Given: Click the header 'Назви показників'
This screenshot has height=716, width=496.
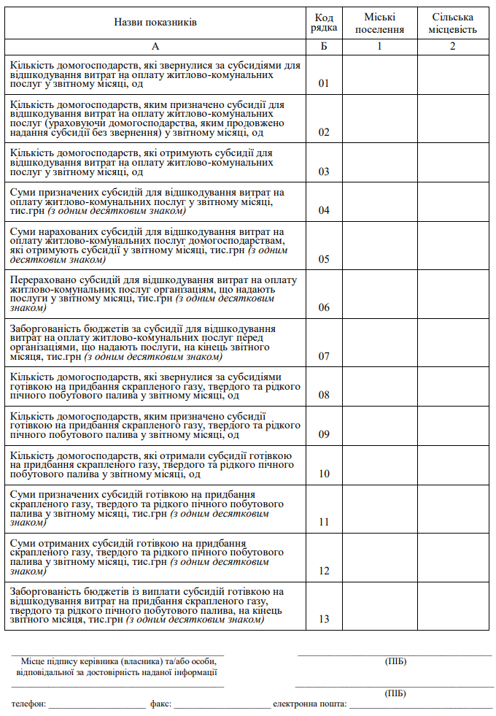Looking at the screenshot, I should pyautogui.click(x=155, y=23).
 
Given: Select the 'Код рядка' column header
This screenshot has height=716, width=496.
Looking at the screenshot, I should pyautogui.click(x=325, y=23).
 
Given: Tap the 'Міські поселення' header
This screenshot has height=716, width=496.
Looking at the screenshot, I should pyautogui.click(x=379, y=23).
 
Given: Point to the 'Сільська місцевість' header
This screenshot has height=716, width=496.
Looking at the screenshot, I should pyautogui.click(x=453, y=23).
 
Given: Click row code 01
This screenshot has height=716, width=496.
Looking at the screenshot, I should pyautogui.click(x=325, y=83).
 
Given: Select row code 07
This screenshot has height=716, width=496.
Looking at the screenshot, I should pyautogui.click(x=325, y=356).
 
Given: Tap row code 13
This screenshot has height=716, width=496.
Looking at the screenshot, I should pyautogui.click(x=325, y=619).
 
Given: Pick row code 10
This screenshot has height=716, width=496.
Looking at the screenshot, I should pyautogui.click(x=325, y=474).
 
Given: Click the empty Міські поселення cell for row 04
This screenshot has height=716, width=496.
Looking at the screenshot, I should pyautogui.click(x=379, y=201).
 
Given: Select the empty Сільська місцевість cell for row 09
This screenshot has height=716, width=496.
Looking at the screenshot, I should pyautogui.click(x=453, y=425).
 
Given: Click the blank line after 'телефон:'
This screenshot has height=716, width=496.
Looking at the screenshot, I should pyautogui.click(x=97, y=705).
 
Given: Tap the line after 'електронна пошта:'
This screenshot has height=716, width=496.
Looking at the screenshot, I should pyautogui.click(x=420, y=705).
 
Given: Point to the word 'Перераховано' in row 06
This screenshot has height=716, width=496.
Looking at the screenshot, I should pyautogui.click(x=41, y=279).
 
